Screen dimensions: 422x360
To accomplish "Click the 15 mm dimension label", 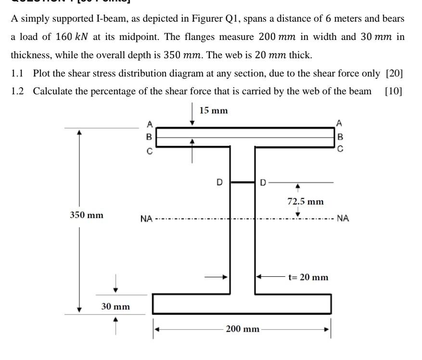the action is point(213,111).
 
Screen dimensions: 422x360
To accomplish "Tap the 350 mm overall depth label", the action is point(87,215).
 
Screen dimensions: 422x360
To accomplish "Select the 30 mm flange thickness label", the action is point(115,306).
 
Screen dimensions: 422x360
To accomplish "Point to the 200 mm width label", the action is point(243,329).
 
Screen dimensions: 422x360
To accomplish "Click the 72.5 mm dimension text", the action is point(306,201).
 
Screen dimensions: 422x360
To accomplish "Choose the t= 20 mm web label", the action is point(308,277).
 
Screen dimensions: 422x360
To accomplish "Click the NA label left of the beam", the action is point(146,219).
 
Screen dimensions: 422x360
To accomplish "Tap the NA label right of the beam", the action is point(343,219).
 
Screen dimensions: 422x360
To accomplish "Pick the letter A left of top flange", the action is point(149,124).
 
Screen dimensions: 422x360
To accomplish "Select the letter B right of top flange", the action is point(340,136).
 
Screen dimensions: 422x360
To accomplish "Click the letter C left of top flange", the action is point(149,152).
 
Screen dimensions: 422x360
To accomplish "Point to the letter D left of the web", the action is point(219,182).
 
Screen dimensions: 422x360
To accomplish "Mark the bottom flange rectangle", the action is point(242,304).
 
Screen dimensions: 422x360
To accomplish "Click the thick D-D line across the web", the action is point(242,182).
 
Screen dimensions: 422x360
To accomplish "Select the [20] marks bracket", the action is point(394,74).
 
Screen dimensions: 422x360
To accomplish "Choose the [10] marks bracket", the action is point(393,91).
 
